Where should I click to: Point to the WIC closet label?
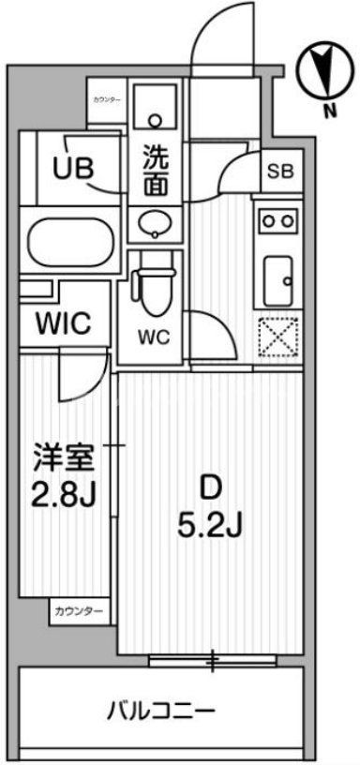pyautogui.click(x=63, y=325)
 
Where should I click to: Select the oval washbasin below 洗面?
pyautogui.click(x=153, y=224)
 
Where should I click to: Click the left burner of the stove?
pyautogui.click(x=267, y=221)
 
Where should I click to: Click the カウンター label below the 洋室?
pyautogui.click(x=78, y=612)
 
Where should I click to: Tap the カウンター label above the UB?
pyautogui.click(x=106, y=98)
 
